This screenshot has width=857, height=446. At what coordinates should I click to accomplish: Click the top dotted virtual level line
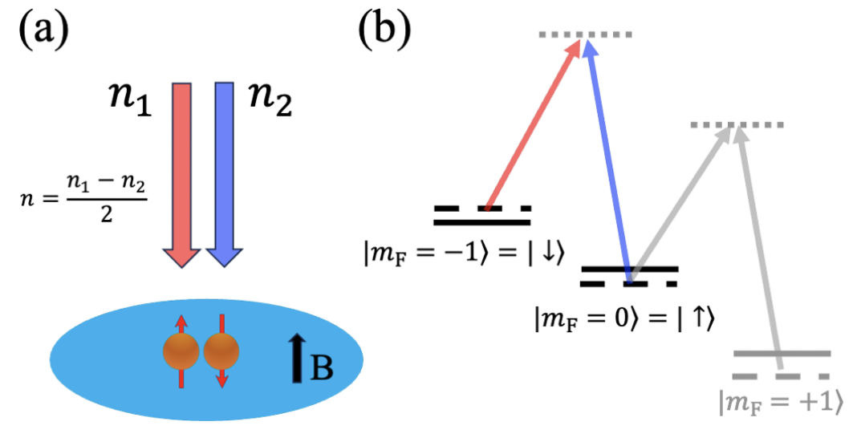[585, 34]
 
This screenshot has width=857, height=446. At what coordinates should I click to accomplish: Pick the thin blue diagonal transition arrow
[608, 160]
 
